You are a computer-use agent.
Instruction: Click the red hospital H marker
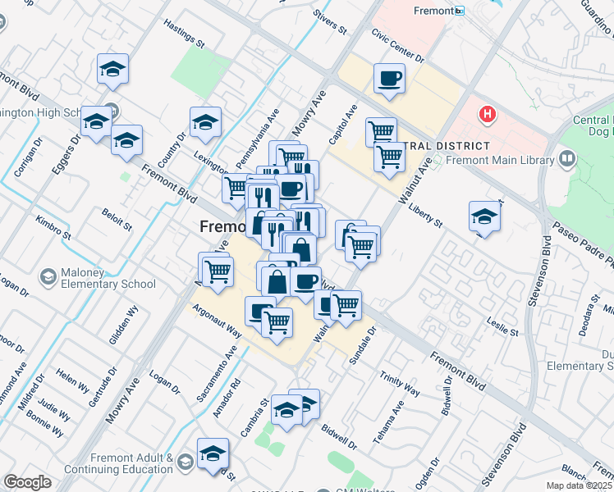point(488,114)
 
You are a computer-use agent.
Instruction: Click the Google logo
point(27,482)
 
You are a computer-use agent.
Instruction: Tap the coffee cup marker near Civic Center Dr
point(388,80)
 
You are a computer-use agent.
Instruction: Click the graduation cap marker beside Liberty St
point(484,217)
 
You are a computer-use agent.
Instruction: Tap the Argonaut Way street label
point(217,323)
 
